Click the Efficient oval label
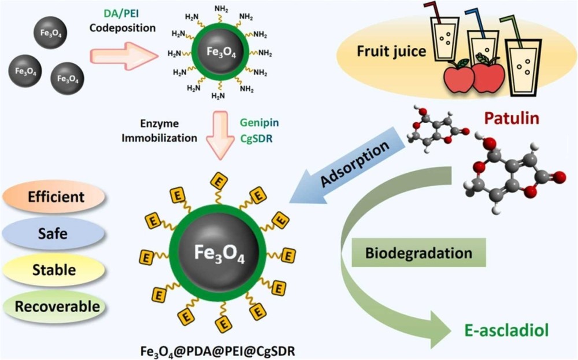coord(54,197)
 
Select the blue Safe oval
coord(53,233)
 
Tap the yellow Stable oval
coord(54,270)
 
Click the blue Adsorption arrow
coord(346,166)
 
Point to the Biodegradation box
coord(418,253)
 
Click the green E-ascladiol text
coord(506,330)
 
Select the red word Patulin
coord(512,118)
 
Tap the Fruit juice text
coord(391,51)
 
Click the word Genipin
coord(260,123)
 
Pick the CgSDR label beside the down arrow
coord(257,139)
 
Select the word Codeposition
coord(123,28)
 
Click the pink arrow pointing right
coord(124,56)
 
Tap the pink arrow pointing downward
coord(220,135)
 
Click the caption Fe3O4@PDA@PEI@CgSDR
coord(218,351)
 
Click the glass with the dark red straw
coord(444,40)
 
